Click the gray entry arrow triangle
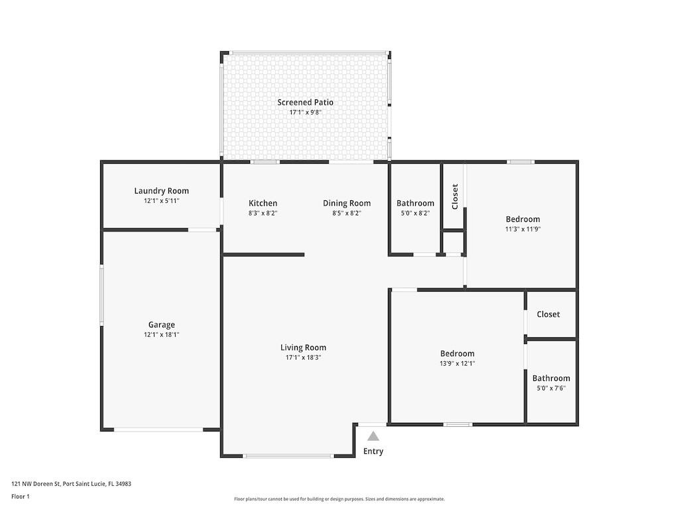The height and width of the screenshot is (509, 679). pyautogui.click(x=373, y=436)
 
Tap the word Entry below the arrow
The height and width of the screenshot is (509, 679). pyautogui.click(x=373, y=451)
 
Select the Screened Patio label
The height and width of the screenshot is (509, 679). pyautogui.click(x=305, y=102)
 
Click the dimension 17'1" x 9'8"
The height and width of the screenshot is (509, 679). pyautogui.click(x=305, y=113)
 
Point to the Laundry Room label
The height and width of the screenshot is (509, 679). pyautogui.click(x=161, y=191)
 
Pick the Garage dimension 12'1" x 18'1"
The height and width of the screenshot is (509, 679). pyautogui.click(x=161, y=335)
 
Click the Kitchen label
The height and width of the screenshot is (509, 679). pyautogui.click(x=263, y=203)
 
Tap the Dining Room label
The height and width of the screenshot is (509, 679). pyautogui.click(x=347, y=203)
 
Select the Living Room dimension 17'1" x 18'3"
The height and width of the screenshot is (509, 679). pyautogui.click(x=303, y=358)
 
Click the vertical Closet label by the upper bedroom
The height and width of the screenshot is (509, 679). pyautogui.click(x=455, y=196)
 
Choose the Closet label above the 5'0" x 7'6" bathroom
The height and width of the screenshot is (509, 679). pyautogui.click(x=548, y=314)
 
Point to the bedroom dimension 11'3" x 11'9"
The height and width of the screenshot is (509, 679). pyautogui.click(x=523, y=229)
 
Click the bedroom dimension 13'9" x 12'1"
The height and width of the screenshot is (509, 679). pyautogui.click(x=457, y=364)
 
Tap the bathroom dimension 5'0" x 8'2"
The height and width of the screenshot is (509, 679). pyautogui.click(x=415, y=213)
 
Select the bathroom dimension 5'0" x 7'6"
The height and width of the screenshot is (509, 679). pyautogui.click(x=551, y=388)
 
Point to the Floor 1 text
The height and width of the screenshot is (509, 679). pyautogui.click(x=21, y=496)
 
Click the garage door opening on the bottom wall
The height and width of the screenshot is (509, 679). pyautogui.click(x=159, y=430)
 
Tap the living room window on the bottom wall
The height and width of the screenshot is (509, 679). pyautogui.click(x=288, y=456)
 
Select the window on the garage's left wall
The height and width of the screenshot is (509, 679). pyautogui.click(x=101, y=295)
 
